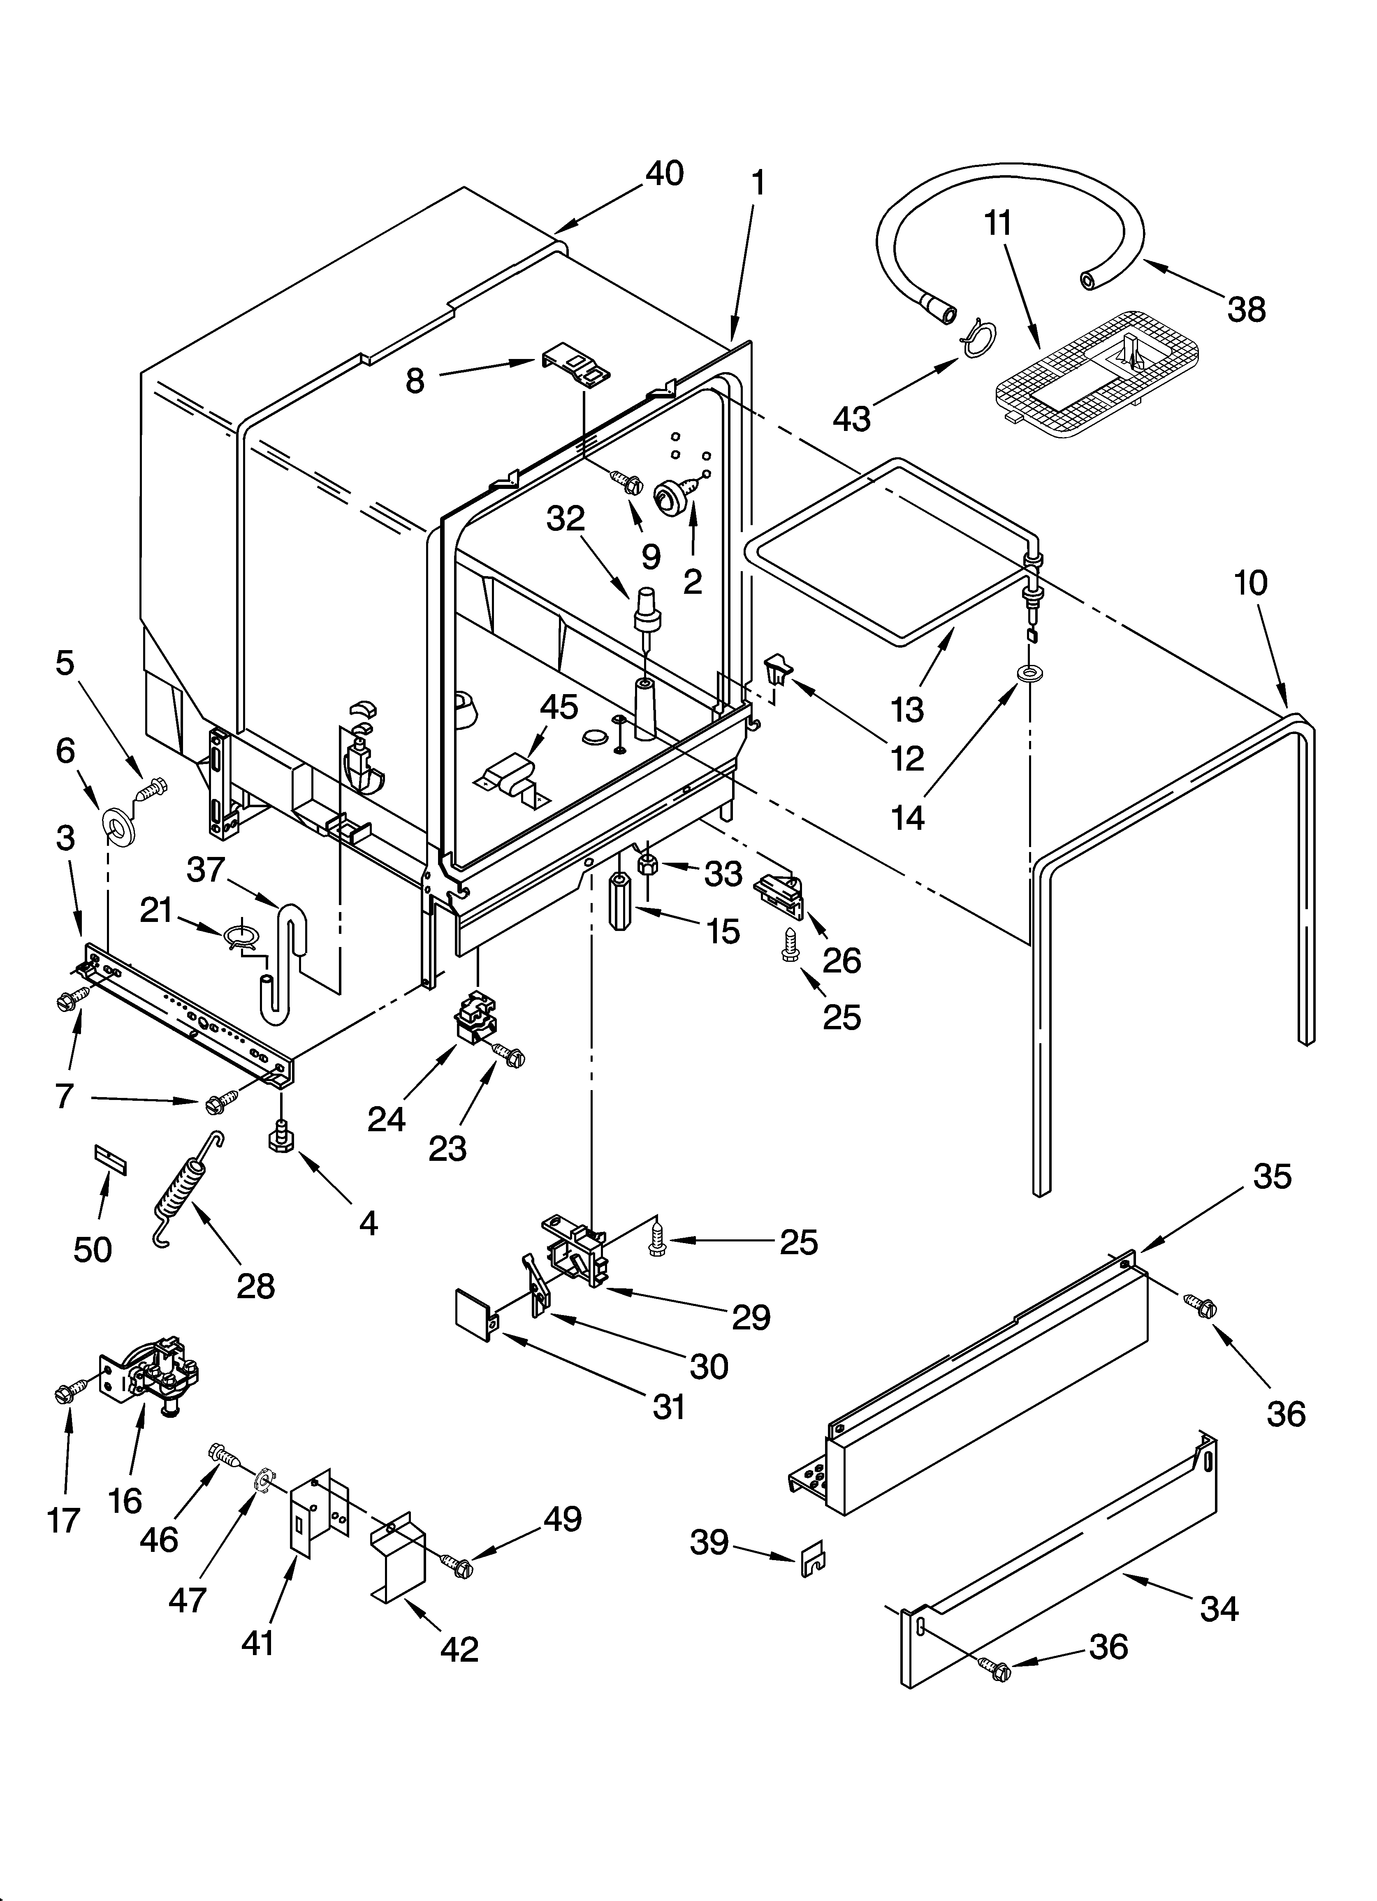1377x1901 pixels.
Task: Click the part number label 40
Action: point(664,174)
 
